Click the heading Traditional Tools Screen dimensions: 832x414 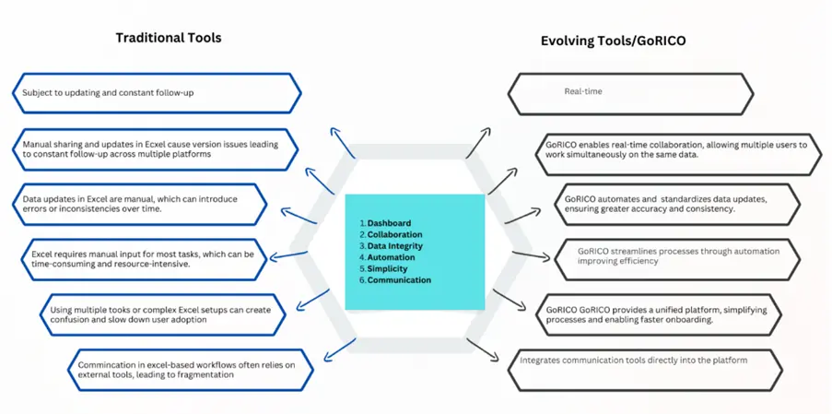click(x=169, y=38)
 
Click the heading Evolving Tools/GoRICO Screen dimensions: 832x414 click(x=613, y=41)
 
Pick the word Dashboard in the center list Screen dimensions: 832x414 click(x=390, y=223)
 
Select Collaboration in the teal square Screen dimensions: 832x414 click(x=395, y=234)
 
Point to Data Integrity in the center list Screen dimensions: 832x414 click(x=395, y=246)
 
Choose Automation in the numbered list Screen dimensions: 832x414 click(x=392, y=257)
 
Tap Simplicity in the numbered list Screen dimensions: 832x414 click(x=387, y=269)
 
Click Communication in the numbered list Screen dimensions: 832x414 click(x=400, y=280)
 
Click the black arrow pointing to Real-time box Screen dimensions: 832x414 click(x=478, y=143)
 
